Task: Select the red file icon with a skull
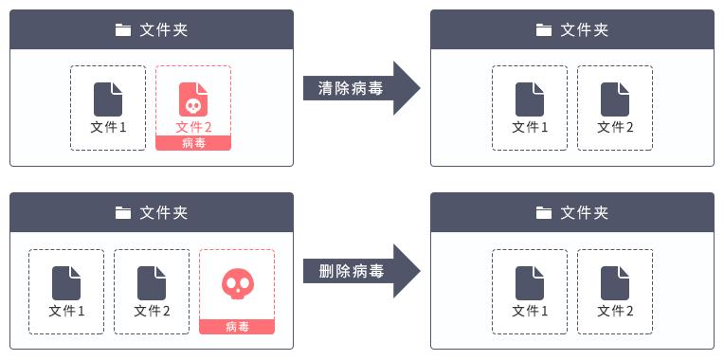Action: (193, 99)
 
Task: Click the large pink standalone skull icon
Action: (237, 282)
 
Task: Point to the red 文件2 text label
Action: (193, 127)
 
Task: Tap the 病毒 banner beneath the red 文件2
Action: (193, 143)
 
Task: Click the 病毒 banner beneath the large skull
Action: (237, 327)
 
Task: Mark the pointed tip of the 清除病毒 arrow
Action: (419, 88)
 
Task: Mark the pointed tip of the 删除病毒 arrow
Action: (419, 271)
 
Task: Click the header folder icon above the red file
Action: (122, 29)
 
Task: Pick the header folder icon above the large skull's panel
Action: (122, 212)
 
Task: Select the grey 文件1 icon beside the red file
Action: (108, 99)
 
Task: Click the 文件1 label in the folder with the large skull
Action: (66, 310)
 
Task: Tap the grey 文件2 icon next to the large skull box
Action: (152, 282)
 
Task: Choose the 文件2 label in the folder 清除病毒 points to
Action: (615, 127)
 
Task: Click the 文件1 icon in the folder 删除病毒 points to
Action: (530, 282)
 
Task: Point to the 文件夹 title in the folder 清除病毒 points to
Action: (584, 29)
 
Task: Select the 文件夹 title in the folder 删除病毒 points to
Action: (584, 212)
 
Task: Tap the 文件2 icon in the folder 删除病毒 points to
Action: (615, 282)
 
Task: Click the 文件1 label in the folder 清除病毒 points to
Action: (530, 127)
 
